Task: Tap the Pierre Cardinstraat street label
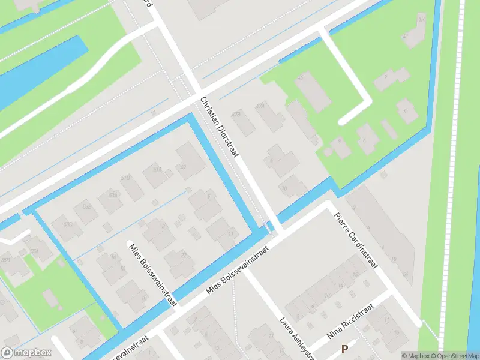click(x=356, y=240)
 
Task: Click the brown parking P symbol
click(x=344, y=349)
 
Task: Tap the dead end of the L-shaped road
click(x=342, y=121)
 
